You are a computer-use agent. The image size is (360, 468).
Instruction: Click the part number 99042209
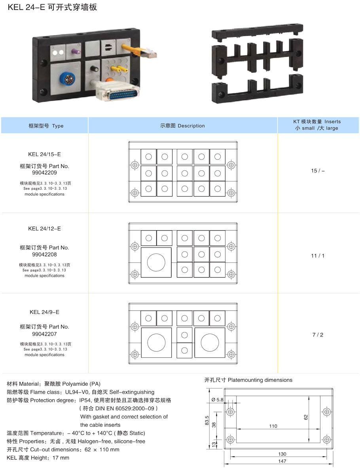[x=44, y=172]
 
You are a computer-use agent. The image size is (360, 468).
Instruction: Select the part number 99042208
[x=44, y=254]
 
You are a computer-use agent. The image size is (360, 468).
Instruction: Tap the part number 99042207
[x=44, y=334]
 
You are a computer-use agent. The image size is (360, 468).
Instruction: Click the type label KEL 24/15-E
[x=44, y=154]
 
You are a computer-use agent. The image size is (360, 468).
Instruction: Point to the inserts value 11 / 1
[x=318, y=256]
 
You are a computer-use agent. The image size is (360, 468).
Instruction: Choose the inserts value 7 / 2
[x=318, y=335]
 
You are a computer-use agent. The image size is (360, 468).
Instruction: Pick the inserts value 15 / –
[x=318, y=171]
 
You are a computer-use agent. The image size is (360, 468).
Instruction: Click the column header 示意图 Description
[x=182, y=126]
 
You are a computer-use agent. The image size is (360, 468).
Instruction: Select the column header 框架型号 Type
[x=46, y=126]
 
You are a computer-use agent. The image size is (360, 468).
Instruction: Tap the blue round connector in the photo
[x=68, y=79]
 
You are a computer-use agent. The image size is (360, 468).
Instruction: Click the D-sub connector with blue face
[x=118, y=93]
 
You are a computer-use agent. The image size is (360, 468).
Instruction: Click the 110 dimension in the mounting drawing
[x=273, y=426]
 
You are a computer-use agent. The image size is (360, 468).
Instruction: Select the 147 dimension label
[x=282, y=461]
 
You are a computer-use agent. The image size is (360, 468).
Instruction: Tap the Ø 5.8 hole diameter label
[x=217, y=400]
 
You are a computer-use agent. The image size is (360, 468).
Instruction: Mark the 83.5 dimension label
[x=207, y=421]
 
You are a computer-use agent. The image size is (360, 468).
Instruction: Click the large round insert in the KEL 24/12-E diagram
[x=156, y=262]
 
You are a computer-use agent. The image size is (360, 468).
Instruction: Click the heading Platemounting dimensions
[x=260, y=380]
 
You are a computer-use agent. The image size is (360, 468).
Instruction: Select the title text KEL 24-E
[x=26, y=7]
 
